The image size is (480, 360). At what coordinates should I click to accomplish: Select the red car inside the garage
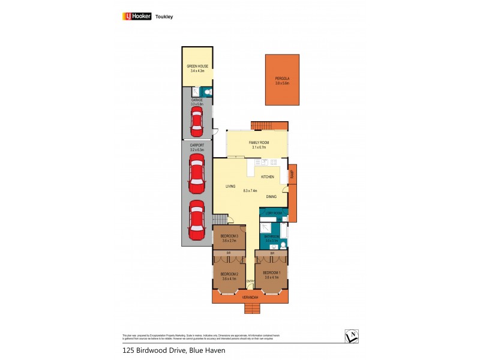[x=197, y=122]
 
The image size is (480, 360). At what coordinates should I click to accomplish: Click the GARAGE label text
[x=197, y=100]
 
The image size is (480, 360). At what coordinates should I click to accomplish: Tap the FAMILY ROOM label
[x=259, y=142]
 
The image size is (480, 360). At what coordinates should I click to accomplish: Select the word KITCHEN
[x=267, y=177]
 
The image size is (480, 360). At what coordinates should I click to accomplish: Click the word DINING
[x=271, y=197]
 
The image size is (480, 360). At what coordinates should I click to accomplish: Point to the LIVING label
[x=230, y=187]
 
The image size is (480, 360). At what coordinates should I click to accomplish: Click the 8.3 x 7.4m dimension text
[x=250, y=191]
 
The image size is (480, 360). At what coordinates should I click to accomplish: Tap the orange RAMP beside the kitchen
[x=292, y=175]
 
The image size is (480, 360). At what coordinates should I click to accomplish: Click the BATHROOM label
[x=272, y=236]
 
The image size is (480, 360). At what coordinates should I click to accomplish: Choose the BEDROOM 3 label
[x=229, y=236]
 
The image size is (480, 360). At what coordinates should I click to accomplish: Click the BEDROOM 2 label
[x=229, y=274]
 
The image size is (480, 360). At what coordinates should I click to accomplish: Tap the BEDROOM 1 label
[x=272, y=274]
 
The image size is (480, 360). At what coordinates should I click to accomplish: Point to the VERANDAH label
[x=250, y=298]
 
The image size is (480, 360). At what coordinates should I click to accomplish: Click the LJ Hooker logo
[x=137, y=16]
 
